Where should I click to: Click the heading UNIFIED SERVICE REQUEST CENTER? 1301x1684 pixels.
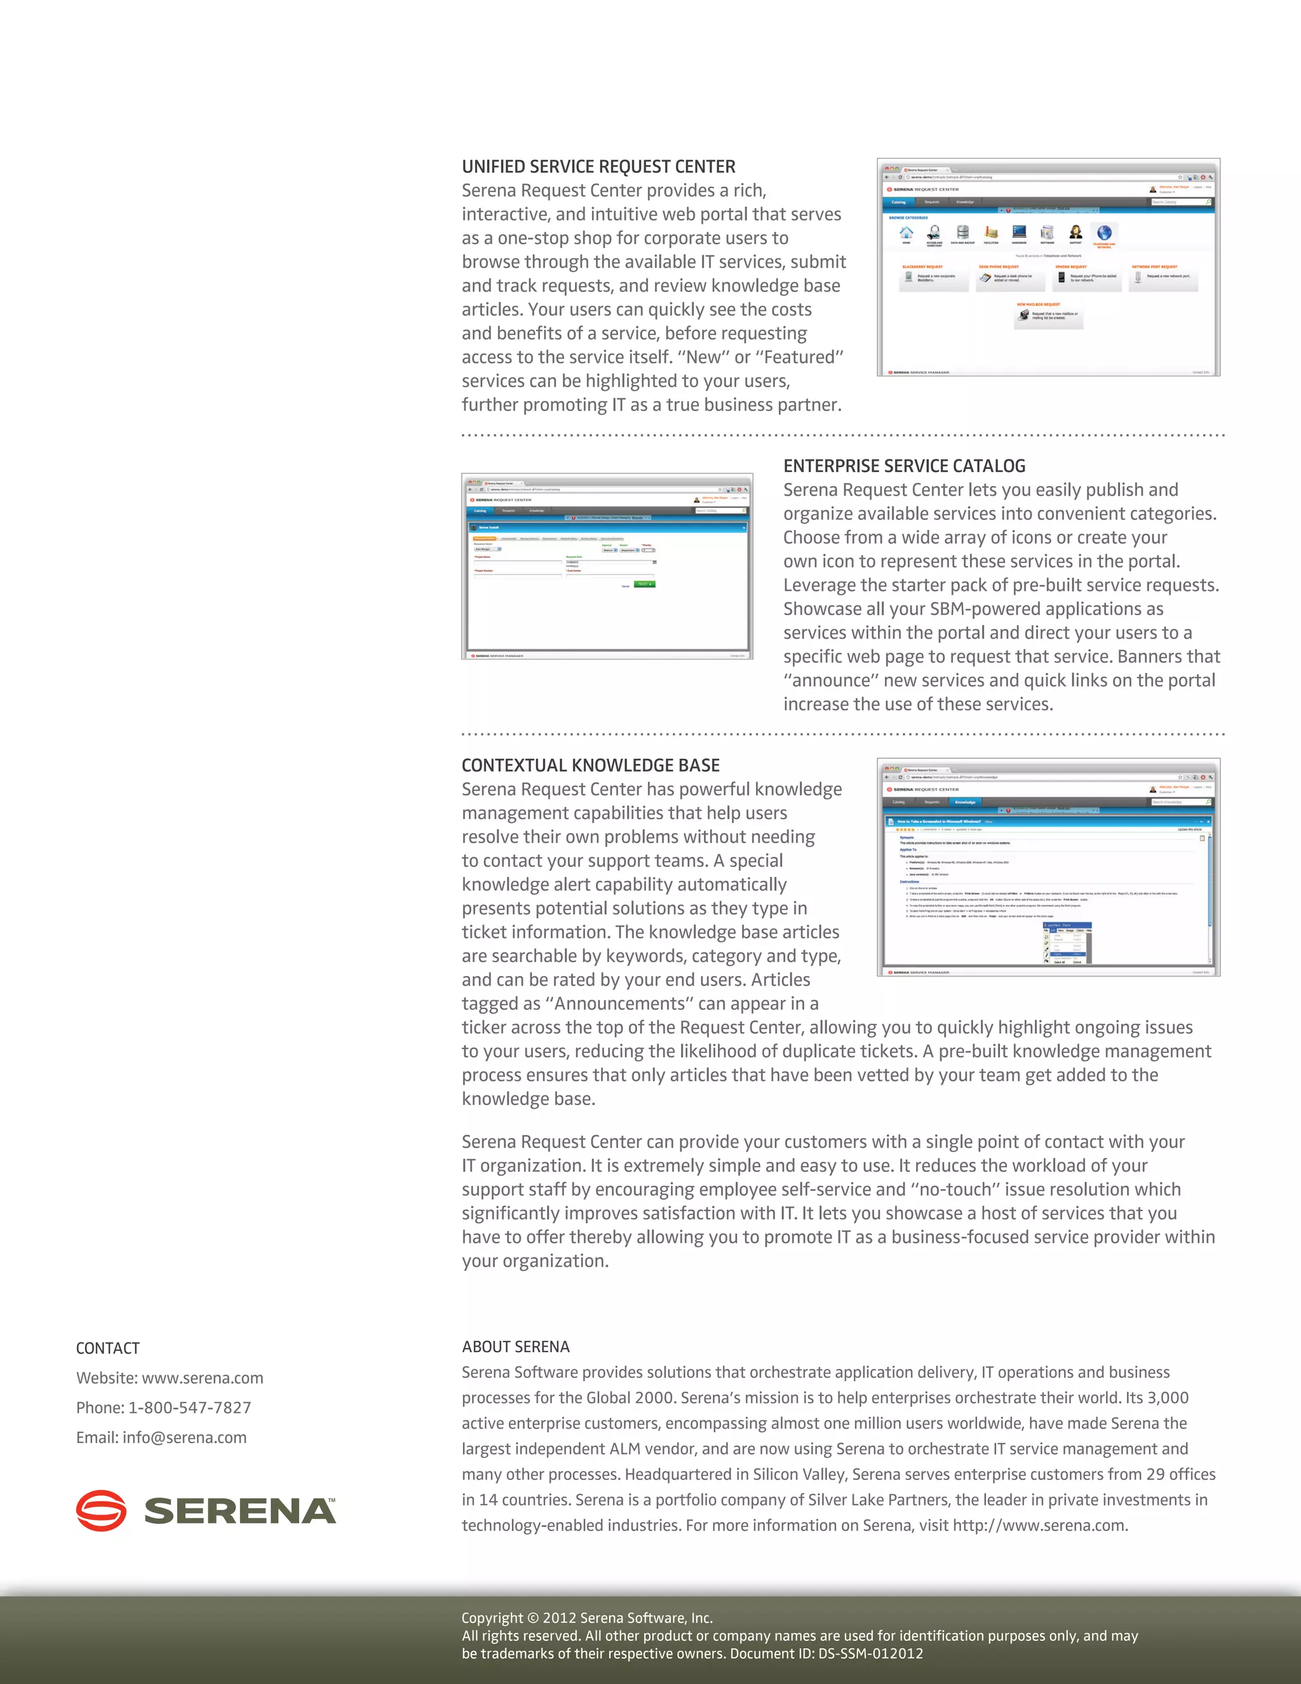[598, 166]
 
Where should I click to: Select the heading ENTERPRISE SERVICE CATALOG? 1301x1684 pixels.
[904, 466]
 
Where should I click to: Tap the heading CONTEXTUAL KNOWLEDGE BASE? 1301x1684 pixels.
[590, 765]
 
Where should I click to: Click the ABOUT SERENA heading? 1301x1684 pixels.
[516, 1347]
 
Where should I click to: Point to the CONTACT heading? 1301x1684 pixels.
[108, 1348]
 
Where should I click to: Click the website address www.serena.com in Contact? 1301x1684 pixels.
[202, 1378]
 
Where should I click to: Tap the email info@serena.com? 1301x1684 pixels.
[184, 1437]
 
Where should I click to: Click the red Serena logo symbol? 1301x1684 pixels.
[101, 1511]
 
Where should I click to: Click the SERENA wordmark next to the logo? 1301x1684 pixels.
[239, 1511]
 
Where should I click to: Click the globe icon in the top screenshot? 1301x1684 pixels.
[1103, 232]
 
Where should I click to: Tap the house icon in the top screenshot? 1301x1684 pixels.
[907, 232]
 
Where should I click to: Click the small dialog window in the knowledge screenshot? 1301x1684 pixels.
[1067, 942]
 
